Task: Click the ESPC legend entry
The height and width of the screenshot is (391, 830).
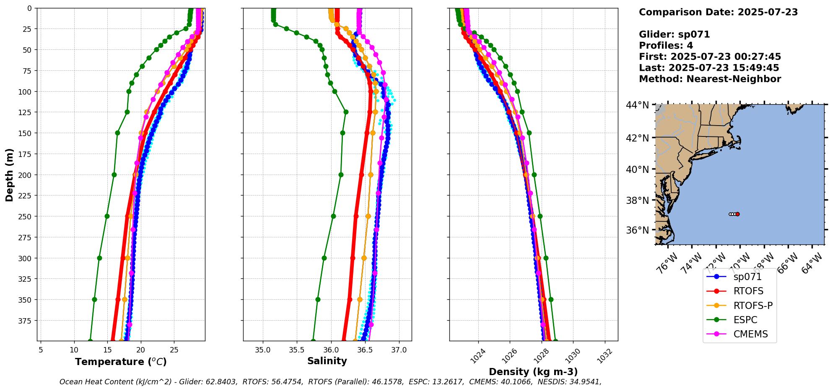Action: coord(745,320)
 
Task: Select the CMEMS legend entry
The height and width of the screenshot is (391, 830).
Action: coord(750,334)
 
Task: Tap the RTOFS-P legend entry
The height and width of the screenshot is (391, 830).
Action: coord(752,306)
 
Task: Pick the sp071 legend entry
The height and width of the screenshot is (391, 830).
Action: coord(747,277)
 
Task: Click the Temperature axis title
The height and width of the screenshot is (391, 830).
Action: coord(121,362)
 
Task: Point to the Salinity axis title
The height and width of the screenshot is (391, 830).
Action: coord(327,361)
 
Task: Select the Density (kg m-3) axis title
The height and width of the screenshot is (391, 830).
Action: coord(533,372)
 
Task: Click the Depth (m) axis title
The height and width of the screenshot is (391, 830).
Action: coord(9,175)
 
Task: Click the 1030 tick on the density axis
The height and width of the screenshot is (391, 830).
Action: coord(573,356)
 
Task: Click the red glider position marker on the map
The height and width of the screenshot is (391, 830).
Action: coord(737,214)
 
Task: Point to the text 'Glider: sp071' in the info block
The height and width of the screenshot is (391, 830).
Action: coord(674,34)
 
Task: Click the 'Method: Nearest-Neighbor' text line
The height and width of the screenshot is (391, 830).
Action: coord(710,79)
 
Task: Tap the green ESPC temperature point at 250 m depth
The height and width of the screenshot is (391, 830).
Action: coord(107,216)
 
